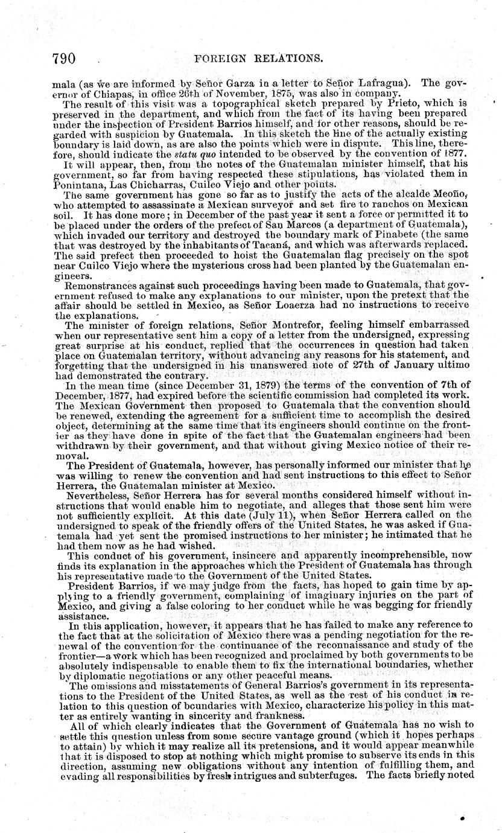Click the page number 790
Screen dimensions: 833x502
click(63, 59)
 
